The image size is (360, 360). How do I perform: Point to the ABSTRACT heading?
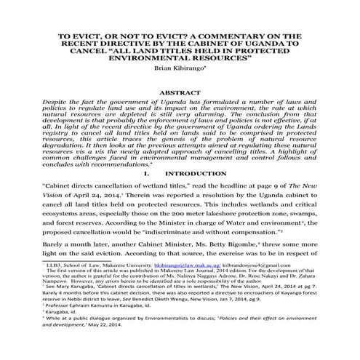(179, 94)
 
